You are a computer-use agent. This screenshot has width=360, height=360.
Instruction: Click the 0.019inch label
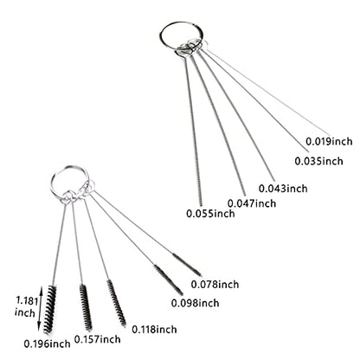point(329,141)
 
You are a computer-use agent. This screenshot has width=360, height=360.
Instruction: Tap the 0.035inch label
point(318,161)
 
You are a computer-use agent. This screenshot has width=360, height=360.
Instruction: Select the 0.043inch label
point(283,189)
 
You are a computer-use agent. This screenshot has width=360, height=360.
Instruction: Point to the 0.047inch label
point(252,203)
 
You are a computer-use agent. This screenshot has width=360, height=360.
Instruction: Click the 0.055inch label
point(210,214)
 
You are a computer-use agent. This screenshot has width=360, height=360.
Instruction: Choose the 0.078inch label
point(215,285)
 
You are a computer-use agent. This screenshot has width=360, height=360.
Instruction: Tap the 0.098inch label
point(195,303)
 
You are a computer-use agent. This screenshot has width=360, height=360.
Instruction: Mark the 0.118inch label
point(154,329)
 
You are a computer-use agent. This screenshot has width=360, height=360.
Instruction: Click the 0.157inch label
point(98,339)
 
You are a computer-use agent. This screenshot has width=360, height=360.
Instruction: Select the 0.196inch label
point(47,344)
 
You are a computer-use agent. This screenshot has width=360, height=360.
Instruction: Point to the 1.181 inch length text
point(26,307)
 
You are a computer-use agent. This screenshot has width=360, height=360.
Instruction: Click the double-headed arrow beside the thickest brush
point(41,309)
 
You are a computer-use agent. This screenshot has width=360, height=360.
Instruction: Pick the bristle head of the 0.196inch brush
point(49,309)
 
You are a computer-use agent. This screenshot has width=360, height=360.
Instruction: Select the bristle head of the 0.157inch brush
point(86,307)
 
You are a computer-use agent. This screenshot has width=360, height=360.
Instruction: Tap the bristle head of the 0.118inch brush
point(117,303)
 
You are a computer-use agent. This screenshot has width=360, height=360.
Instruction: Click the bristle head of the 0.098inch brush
point(168,280)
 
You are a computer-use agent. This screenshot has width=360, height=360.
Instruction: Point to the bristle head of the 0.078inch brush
point(187,265)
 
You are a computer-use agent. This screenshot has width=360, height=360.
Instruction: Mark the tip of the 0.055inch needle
point(201,206)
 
